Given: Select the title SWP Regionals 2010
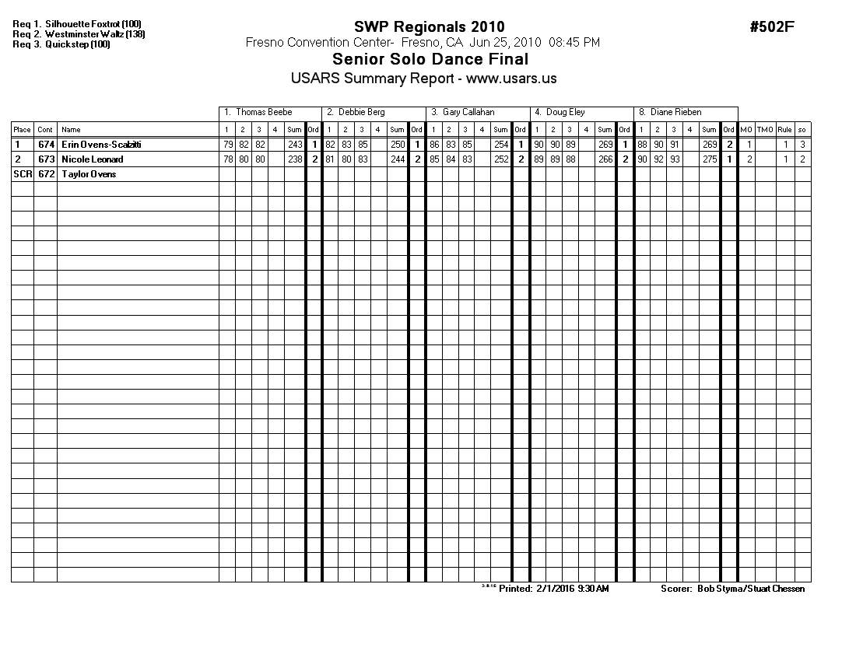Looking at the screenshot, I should click(x=429, y=28).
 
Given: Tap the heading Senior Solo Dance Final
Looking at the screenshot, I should click(x=430, y=59).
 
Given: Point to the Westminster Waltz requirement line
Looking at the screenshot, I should click(x=79, y=34).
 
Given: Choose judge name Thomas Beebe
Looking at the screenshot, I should click(x=264, y=113).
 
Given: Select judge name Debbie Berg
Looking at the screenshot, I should click(x=361, y=113).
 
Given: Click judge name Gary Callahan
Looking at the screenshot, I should click(x=468, y=113).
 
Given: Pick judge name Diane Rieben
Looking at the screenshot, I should click(x=675, y=113).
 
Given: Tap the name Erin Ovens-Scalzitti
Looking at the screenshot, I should click(x=101, y=145).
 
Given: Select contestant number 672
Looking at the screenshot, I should click(x=45, y=174).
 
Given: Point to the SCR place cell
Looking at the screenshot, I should click(x=22, y=174).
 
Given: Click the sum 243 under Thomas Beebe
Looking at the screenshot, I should click(x=295, y=145).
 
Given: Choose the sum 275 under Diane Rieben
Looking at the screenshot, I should click(x=710, y=159).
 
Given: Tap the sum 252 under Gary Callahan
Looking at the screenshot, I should click(x=501, y=159).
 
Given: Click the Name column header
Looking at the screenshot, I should click(x=71, y=130).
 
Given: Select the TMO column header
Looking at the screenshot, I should click(x=765, y=130).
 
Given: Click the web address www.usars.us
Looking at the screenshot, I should click(x=511, y=79).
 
